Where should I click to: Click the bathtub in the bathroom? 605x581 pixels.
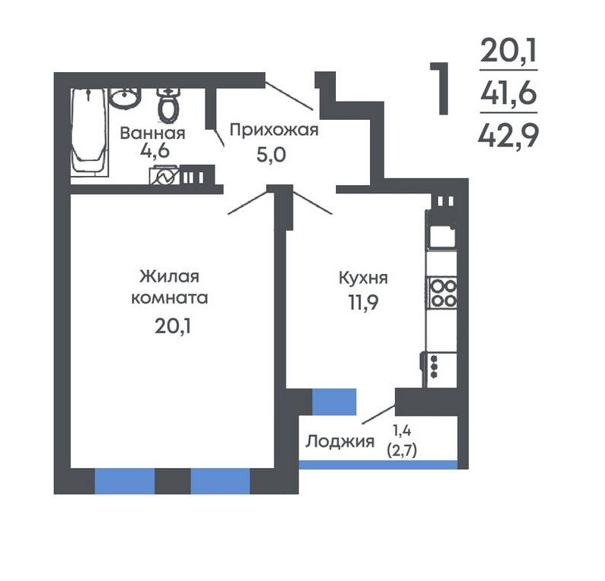(89, 132)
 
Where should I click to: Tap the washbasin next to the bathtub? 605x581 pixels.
(124, 98)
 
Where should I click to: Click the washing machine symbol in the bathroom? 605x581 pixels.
(164, 175)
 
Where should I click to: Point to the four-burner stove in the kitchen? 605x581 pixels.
(443, 292)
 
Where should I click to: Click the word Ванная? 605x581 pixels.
(152, 133)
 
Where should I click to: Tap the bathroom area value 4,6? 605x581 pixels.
(155, 150)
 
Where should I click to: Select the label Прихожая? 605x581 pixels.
(274, 130)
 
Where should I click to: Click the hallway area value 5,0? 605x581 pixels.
(271, 155)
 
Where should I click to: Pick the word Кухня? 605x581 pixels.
(363, 278)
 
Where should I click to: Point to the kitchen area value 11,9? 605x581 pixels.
(363, 303)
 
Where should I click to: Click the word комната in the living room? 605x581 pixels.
(170, 298)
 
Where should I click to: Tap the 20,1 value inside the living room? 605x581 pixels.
(173, 327)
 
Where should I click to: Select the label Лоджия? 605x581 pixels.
(340, 441)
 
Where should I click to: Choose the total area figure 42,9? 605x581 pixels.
(508, 136)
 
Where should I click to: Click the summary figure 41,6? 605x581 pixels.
(509, 93)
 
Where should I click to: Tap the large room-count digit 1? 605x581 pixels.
(440, 89)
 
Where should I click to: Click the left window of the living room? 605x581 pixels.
(124, 481)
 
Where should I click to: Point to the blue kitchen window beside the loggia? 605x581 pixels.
(334, 402)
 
